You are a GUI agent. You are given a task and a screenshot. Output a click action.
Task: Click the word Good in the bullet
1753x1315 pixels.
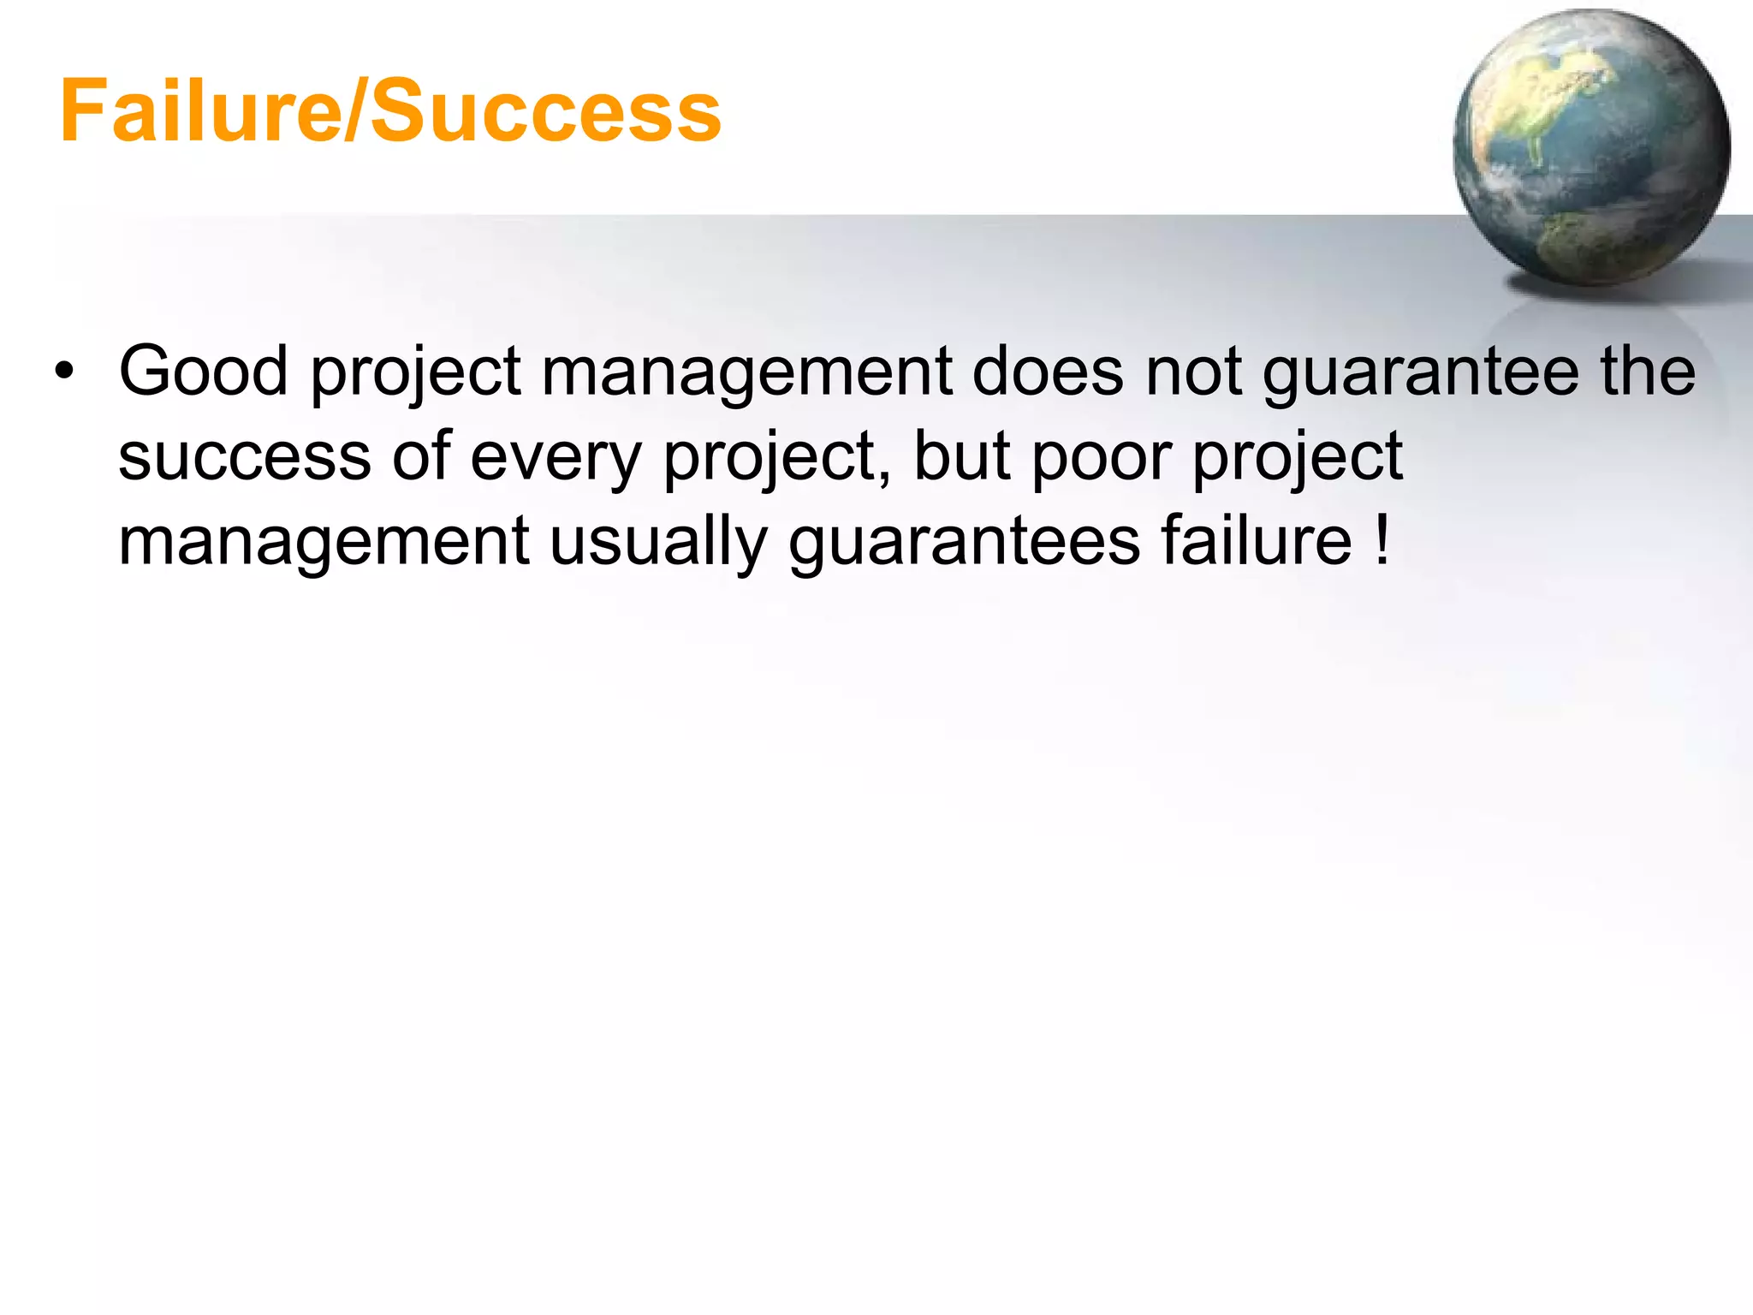click(x=203, y=372)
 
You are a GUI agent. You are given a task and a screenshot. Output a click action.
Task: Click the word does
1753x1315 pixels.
click(x=1047, y=372)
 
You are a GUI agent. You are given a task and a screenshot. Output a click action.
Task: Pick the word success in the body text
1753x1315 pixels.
click(x=244, y=456)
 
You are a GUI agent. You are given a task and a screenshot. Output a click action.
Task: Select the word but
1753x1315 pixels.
click(x=962, y=456)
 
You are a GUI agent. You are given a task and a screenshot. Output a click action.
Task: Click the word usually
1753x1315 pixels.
click(x=657, y=543)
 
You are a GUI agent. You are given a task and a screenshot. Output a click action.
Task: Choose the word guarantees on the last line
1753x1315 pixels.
click(x=965, y=543)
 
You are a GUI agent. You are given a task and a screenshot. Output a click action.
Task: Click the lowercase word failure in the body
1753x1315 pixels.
click(x=1257, y=541)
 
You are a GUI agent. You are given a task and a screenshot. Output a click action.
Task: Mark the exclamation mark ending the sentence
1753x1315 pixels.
click(x=1382, y=541)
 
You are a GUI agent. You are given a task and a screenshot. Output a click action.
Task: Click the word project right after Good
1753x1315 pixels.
click(x=415, y=373)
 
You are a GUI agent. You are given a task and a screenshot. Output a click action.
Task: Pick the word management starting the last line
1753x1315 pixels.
click(x=324, y=543)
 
